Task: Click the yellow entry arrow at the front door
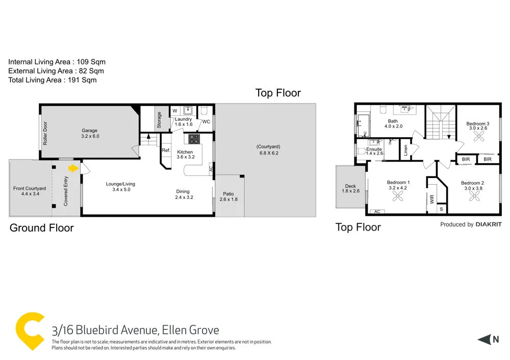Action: click(73, 167)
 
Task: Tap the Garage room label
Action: click(89, 134)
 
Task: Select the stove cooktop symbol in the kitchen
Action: click(194, 139)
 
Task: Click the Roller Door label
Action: click(45, 133)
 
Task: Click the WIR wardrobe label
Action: click(432, 198)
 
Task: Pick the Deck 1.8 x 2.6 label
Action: click(349, 188)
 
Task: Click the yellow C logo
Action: click(29, 331)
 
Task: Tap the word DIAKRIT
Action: click(489, 224)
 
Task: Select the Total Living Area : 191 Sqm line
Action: click(52, 80)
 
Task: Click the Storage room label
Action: click(159, 120)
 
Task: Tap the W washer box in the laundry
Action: click(174, 110)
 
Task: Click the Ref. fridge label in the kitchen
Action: click(166, 150)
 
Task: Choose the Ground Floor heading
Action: click(42, 228)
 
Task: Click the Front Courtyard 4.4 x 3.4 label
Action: click(29, 191)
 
